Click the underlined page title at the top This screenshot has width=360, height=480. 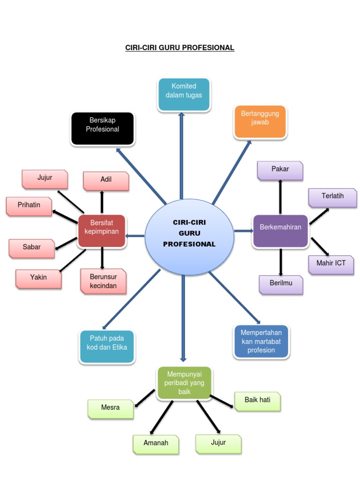[180, 48]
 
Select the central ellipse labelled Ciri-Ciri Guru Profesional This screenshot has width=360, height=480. [189, 233]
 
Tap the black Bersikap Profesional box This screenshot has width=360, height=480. [103, 128]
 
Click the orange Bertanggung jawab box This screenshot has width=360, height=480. [260, 121]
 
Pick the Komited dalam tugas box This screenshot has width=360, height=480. [184, 94]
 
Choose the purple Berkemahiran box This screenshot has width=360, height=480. [280, 231]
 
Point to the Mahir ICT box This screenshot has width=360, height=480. [331, 264]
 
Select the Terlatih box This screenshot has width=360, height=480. [332, 197]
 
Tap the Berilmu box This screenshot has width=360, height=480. [281, 285]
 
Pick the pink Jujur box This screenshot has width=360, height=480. [45, 179]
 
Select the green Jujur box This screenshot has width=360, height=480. [218, 443]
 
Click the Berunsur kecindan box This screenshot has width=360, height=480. [103, 281]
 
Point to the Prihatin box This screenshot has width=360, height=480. [29, 206]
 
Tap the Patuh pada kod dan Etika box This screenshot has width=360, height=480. [107, 346]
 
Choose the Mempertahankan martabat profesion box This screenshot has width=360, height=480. [261, 341]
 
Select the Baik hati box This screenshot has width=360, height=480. [257, 402]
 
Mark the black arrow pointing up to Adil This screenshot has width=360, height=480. [102, 202]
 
